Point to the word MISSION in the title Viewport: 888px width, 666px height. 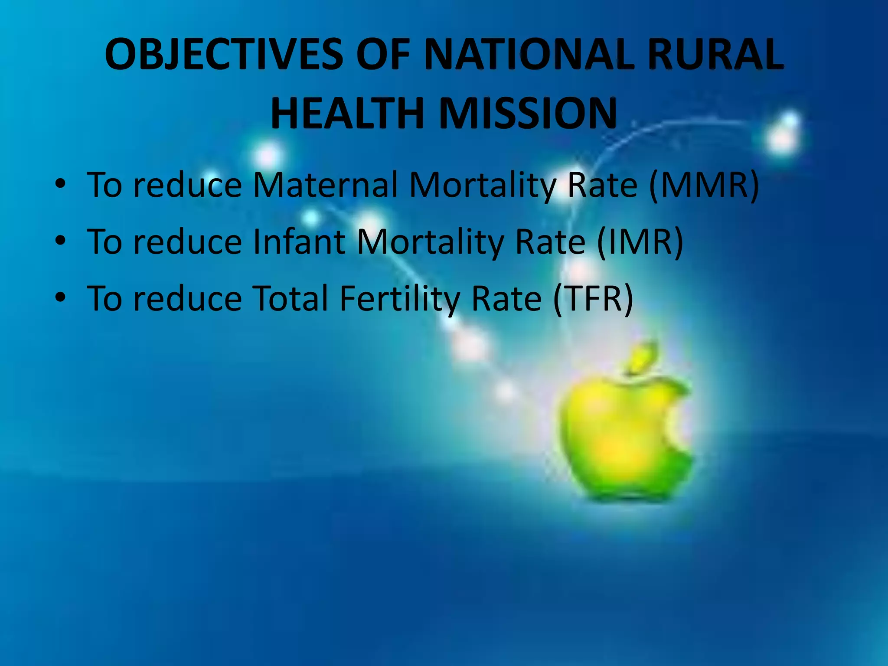(x=528, y=114)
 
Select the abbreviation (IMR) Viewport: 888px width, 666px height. (x=640, y=242)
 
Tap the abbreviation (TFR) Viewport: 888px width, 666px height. (x=593, y=299)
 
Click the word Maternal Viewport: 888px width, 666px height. (x=325, y=186)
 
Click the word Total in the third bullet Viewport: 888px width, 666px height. (x=290, y=299)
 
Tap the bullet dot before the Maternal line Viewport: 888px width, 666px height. (x=60, y=184)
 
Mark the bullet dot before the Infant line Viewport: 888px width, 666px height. (x=60, y=241)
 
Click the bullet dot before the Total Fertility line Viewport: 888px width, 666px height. (x=60, y=297)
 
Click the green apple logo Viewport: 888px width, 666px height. (x=620, y=442)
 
